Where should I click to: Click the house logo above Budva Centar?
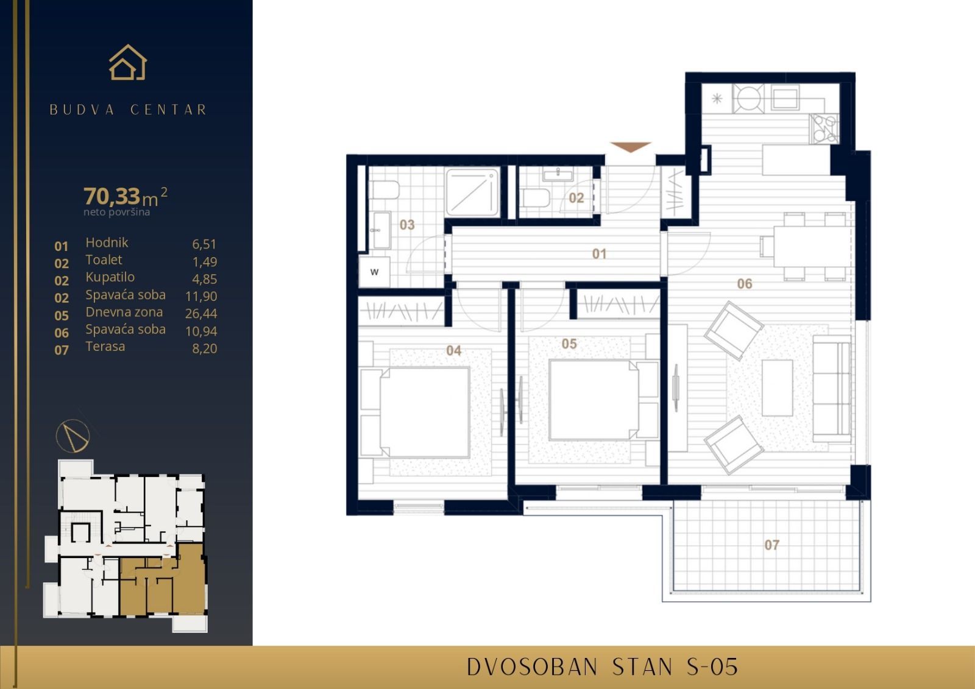coord(128,63)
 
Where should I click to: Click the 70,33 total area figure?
coord(112,196)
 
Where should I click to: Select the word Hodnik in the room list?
coord(107,242)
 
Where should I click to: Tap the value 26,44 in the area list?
coord(201,314)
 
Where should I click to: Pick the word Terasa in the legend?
coord(105,347)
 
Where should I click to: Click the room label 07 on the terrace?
coord(771,545)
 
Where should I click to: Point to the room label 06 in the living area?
coord(744,283)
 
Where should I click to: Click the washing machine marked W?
coord(374,272)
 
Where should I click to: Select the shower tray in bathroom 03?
coord(473,192)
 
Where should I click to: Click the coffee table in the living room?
coord(777,387)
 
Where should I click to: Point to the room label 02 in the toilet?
coord(576,198)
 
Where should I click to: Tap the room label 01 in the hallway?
coord(599,253)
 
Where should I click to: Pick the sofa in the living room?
coord(832,390)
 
